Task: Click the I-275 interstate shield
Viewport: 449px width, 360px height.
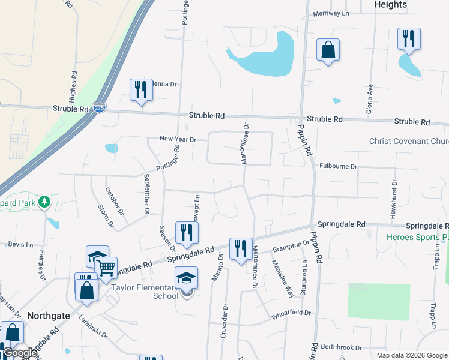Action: pyautogui.click(x=100, y=109)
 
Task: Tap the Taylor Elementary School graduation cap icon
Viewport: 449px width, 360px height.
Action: pyautogui.click(x=186, y=278)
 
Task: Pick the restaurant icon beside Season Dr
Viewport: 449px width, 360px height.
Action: pyautogui.click(x=187, y=233)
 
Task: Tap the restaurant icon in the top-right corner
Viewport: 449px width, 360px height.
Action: pyautogui.click(x=409, y=39)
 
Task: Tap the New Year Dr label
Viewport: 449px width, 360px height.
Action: pyautogui.click(x=178, y=139)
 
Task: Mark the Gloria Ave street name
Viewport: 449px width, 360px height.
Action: pyautogui.click(x=370, y=98)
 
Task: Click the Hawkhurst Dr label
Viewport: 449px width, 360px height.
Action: pyautogui.click(x=394, y=198)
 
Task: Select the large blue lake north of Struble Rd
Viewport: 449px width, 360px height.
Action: pyautogui.click(x=265, y=56)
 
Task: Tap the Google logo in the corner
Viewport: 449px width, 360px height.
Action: pyautogui.click(x=19, y=353)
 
